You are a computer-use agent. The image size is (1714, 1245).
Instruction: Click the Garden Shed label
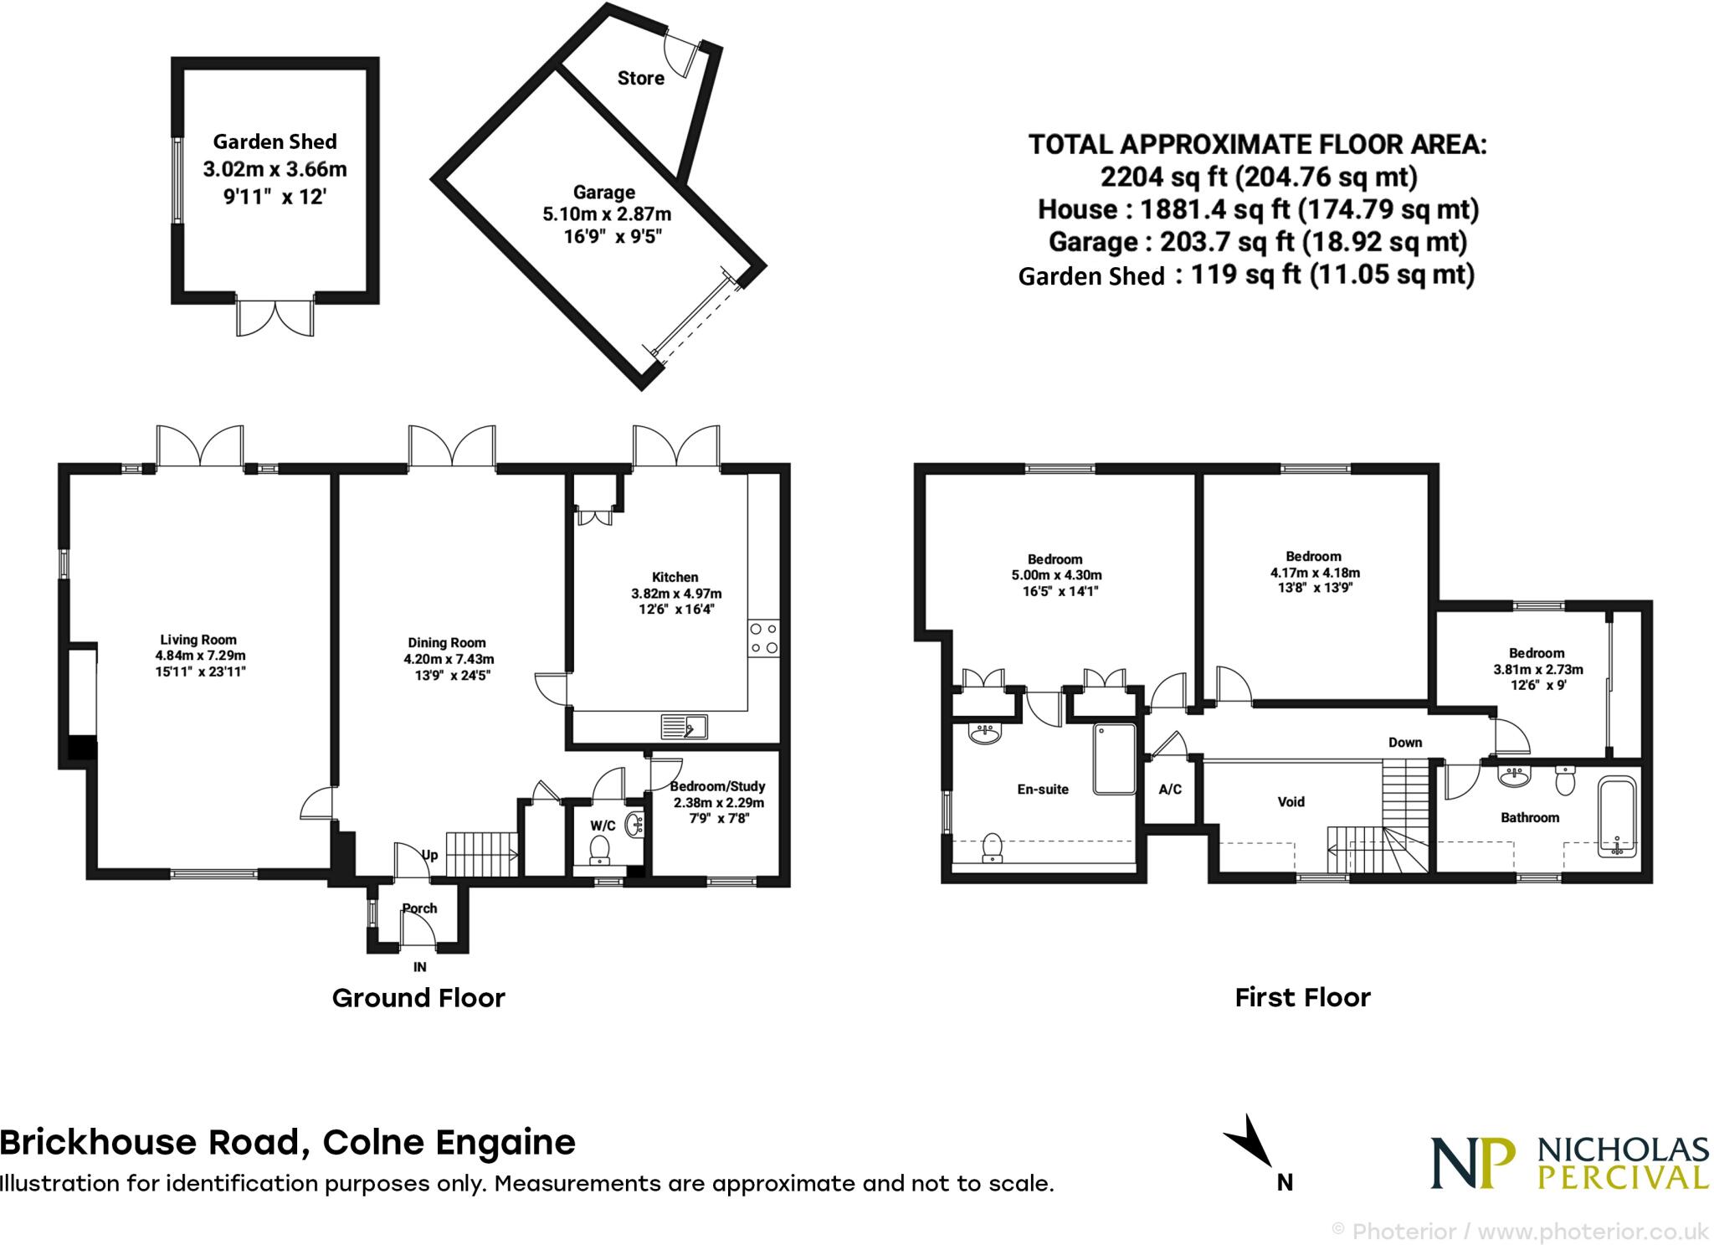[x=275, y=141]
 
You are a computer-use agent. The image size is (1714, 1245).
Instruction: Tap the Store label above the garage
[x=640, y=78]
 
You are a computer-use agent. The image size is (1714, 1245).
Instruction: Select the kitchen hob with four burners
[x=763, y=637]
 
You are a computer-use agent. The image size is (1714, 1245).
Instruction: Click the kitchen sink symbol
[x=684, y=726]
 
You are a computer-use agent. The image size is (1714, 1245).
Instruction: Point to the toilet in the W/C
[x=600, y=851]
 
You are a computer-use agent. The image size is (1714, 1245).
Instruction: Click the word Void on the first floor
[x=1291, y=802]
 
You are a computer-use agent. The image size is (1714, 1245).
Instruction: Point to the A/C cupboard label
[x=1170, y=789]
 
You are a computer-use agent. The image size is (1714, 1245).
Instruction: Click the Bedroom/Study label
[x=718, y=786]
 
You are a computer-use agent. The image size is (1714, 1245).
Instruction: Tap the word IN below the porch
[x=420, y=967]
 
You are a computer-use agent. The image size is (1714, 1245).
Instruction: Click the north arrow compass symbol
[x=1251, y=1144]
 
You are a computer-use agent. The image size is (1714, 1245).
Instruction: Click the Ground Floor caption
[x=418, y=998]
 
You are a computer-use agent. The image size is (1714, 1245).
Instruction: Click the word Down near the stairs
[x=1405, y=742]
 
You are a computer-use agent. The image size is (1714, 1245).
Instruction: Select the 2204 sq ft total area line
[x=1258, y=177]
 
